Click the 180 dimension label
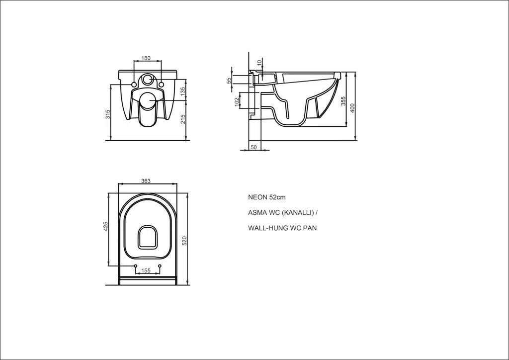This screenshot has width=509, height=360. (x=146, y=58)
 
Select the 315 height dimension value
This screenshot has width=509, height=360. (x=108, y=114)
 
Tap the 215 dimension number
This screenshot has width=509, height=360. (x=182, y=119)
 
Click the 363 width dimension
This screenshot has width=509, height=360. (x=146, y=181)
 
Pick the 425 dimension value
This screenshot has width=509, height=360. (x=105, y=226)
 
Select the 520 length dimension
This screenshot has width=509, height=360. (x=184, y=241)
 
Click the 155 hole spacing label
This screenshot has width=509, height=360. (x=146, y=270)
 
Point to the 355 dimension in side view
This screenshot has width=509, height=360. (x=343, y=101)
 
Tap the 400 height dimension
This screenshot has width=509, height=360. (x=352, y=108)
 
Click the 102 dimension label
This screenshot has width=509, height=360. (x=237, y=101)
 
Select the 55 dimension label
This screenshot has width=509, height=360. (x=229, y=80)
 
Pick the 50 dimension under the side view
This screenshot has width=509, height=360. (x=254, y=147)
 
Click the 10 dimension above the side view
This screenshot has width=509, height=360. (x=259, y=62)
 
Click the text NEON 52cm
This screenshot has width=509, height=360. (x=267, y=197)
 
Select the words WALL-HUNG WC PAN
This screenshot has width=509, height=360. (x=282, y=228)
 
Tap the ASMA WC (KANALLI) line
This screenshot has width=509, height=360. (x=283, y=213)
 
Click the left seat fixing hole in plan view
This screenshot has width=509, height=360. (x=136, y=266)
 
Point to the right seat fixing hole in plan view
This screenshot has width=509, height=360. (x=160, y=266)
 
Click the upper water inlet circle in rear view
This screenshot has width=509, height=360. (x=148, y=79)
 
